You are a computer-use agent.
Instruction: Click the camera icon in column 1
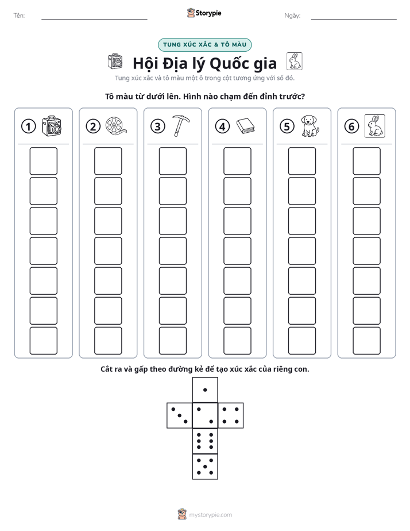[52, 126]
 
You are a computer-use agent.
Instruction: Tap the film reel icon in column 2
[116, 126]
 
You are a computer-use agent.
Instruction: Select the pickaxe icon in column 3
[181, 126]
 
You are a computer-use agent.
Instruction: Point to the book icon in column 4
[245, 126]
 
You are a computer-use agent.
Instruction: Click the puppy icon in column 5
[310, 126]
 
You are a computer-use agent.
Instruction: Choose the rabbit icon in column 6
[375, 126]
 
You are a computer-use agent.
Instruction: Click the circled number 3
[158, 126]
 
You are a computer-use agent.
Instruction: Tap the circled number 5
[287, 126]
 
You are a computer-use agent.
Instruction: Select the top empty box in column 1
[43, 161]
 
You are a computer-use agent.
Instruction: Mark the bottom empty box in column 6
[367, 341]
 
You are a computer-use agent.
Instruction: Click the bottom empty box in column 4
[238, 341]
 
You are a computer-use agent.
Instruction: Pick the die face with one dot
[205, 390]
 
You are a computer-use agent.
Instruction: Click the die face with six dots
[205, 441]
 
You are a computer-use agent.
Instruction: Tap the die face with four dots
[231, 415]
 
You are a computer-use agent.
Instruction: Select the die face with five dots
[205, 467]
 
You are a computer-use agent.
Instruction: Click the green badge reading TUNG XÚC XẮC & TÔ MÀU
[205, 45]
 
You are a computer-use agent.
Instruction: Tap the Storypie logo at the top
[204, 13]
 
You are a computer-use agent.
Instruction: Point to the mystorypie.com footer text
[210, 515]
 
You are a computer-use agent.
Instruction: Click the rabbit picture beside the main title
[295, 61]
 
